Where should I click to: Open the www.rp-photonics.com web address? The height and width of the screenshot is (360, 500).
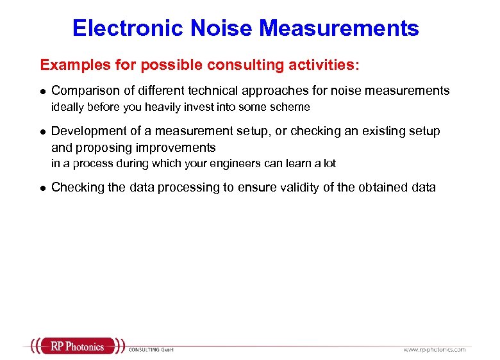tap(434, 349)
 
